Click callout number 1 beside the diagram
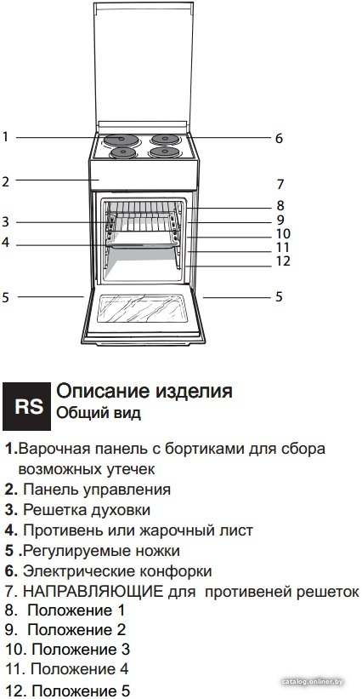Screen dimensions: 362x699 coord(5,136)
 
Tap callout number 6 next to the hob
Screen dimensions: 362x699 coord(279,138)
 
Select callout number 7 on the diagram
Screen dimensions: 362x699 coord(280,184)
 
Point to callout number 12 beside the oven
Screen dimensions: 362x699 coord(283,261)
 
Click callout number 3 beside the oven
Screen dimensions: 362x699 coord(5,221)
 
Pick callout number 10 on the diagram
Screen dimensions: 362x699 coord(283,233)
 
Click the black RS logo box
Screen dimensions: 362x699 coord(26,405)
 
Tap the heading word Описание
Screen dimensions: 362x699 coord(103,391)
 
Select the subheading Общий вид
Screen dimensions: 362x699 coord(99,413)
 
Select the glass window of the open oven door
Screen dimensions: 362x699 coord(144,308)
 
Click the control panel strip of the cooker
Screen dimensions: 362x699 coord(144,175)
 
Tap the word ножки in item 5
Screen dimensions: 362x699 coord(157,551)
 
